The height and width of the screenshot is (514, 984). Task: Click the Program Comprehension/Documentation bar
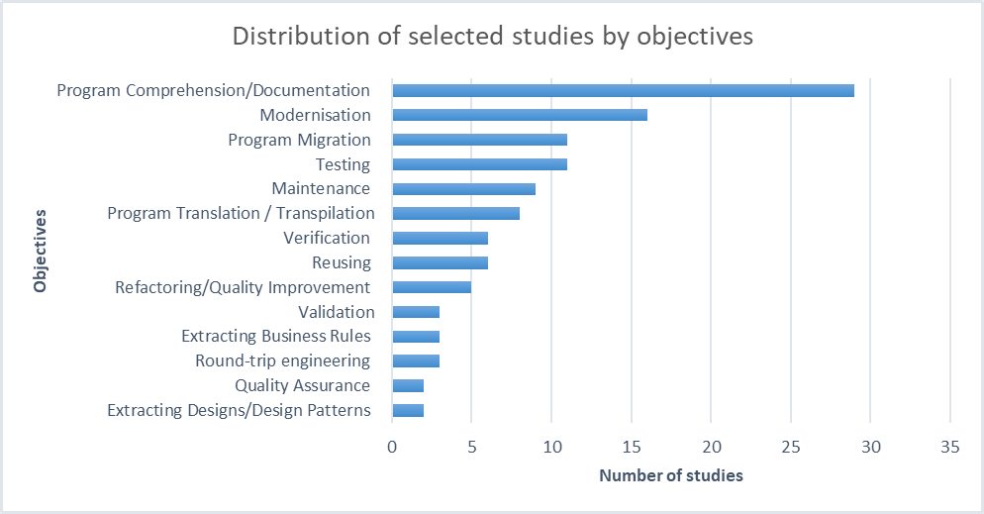tap(623, 91)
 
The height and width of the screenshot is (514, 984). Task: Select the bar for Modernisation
tap(520, 115)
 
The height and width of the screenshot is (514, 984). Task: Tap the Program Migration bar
tap(479, 140)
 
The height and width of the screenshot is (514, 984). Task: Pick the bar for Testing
tap(479, 164)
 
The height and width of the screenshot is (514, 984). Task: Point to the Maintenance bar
tap(463, 189)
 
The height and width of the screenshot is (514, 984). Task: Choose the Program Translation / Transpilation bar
tap(455, 213)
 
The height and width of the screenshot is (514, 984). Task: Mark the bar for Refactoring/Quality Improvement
tap(432, 287)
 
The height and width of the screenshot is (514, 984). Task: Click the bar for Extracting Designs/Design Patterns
tap(408, 410)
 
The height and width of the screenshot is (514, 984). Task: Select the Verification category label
tap(326, 238)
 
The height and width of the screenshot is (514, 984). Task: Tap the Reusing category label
tap(341, 262)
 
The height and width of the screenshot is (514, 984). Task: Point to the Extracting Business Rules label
tap(275, 337)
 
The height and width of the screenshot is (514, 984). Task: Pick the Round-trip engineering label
tap(282, 360)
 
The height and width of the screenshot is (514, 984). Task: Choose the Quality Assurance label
tap(302, 385)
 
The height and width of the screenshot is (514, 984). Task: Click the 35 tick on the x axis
tap(949, 448)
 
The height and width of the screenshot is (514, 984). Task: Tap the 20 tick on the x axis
tap(711, 448)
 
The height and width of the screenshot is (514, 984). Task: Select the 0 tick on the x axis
tap(392, 448)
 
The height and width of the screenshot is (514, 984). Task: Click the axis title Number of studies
tap(670, 476)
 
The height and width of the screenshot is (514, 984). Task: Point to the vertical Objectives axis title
tap(41, 250)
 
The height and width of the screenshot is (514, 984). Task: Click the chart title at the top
tap(492, 37)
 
